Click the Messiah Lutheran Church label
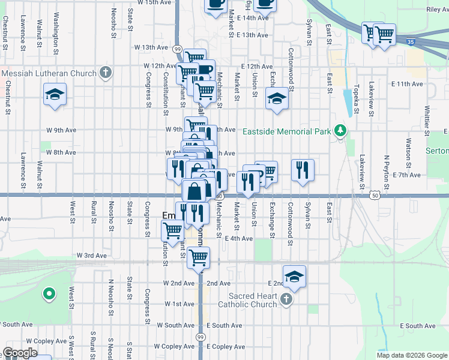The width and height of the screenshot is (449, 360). coord(49,74)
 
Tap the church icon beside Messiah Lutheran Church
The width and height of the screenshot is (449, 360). coord(106,73)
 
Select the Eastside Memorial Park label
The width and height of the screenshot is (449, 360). coord(287,131)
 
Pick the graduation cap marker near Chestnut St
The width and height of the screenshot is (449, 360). coord(55,95)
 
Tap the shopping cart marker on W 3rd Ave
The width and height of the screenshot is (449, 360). coord(197,259)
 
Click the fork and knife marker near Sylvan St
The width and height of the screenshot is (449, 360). coord(303,169)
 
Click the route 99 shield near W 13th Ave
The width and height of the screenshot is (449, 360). coord(178,49)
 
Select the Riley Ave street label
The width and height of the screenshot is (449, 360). coord(437,10)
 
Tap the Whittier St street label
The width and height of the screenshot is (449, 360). coord(427,120)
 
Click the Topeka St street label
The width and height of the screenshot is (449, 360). coord(356,99)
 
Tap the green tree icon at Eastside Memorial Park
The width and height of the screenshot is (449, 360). coord(340,130)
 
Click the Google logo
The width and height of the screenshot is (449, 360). coord(20,353)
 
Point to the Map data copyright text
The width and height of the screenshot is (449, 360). coord(411,355)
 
